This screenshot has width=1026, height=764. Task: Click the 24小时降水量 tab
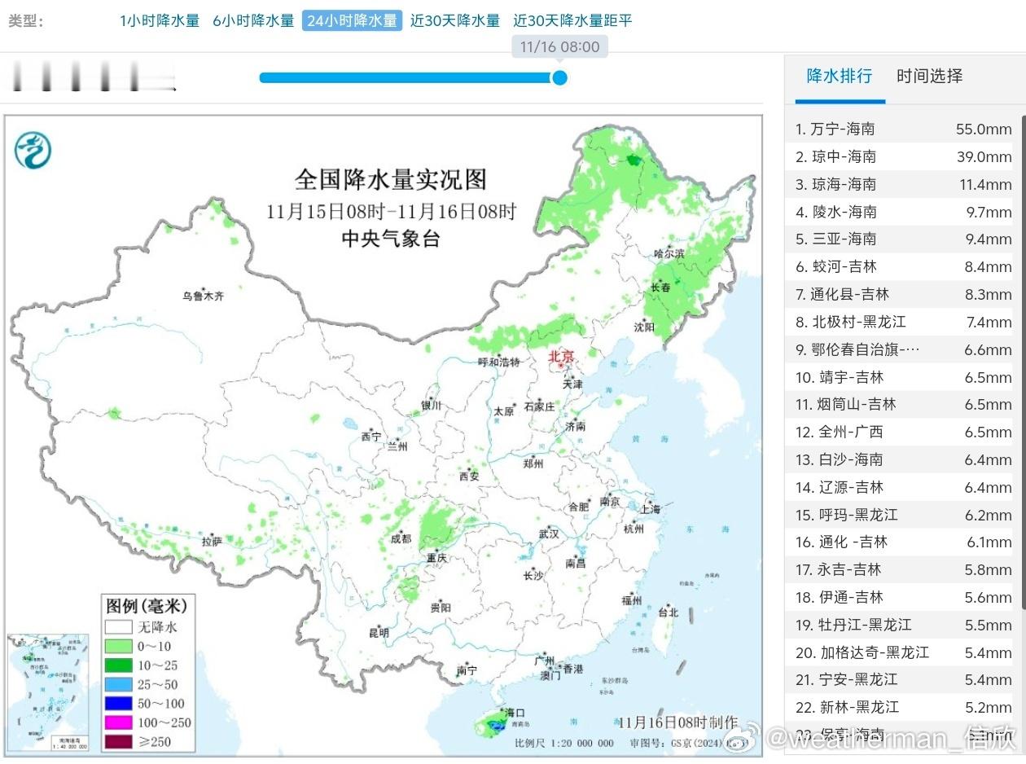[x=352, y=21]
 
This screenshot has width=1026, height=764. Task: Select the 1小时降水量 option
[x=160, y=21]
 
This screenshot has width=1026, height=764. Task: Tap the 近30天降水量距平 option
[x=572, y=21]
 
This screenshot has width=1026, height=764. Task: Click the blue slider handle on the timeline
[x=559, y=77]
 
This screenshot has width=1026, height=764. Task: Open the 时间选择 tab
[x=929, y=77]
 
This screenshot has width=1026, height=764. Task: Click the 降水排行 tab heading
[x=839, y=77]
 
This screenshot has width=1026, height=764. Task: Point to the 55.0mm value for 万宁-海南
[x=984, y=129]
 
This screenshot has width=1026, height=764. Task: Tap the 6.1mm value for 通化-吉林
[x=989, y=542]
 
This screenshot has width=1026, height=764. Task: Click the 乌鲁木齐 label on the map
[x=203, y=296]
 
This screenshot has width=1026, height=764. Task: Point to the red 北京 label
[x=561, y=356]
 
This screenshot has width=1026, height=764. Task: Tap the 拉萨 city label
[x=212, y=541]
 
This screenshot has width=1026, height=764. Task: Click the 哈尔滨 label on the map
[x=669, y=254]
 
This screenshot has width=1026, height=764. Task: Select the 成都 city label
[x=401, y=538]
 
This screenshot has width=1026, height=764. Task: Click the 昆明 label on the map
[x=379, y=633]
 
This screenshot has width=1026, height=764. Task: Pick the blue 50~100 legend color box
[x=118, y=704]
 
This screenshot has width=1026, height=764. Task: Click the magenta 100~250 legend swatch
[x=118, y=722]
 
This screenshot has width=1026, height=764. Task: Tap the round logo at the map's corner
[x=33, y=150]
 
